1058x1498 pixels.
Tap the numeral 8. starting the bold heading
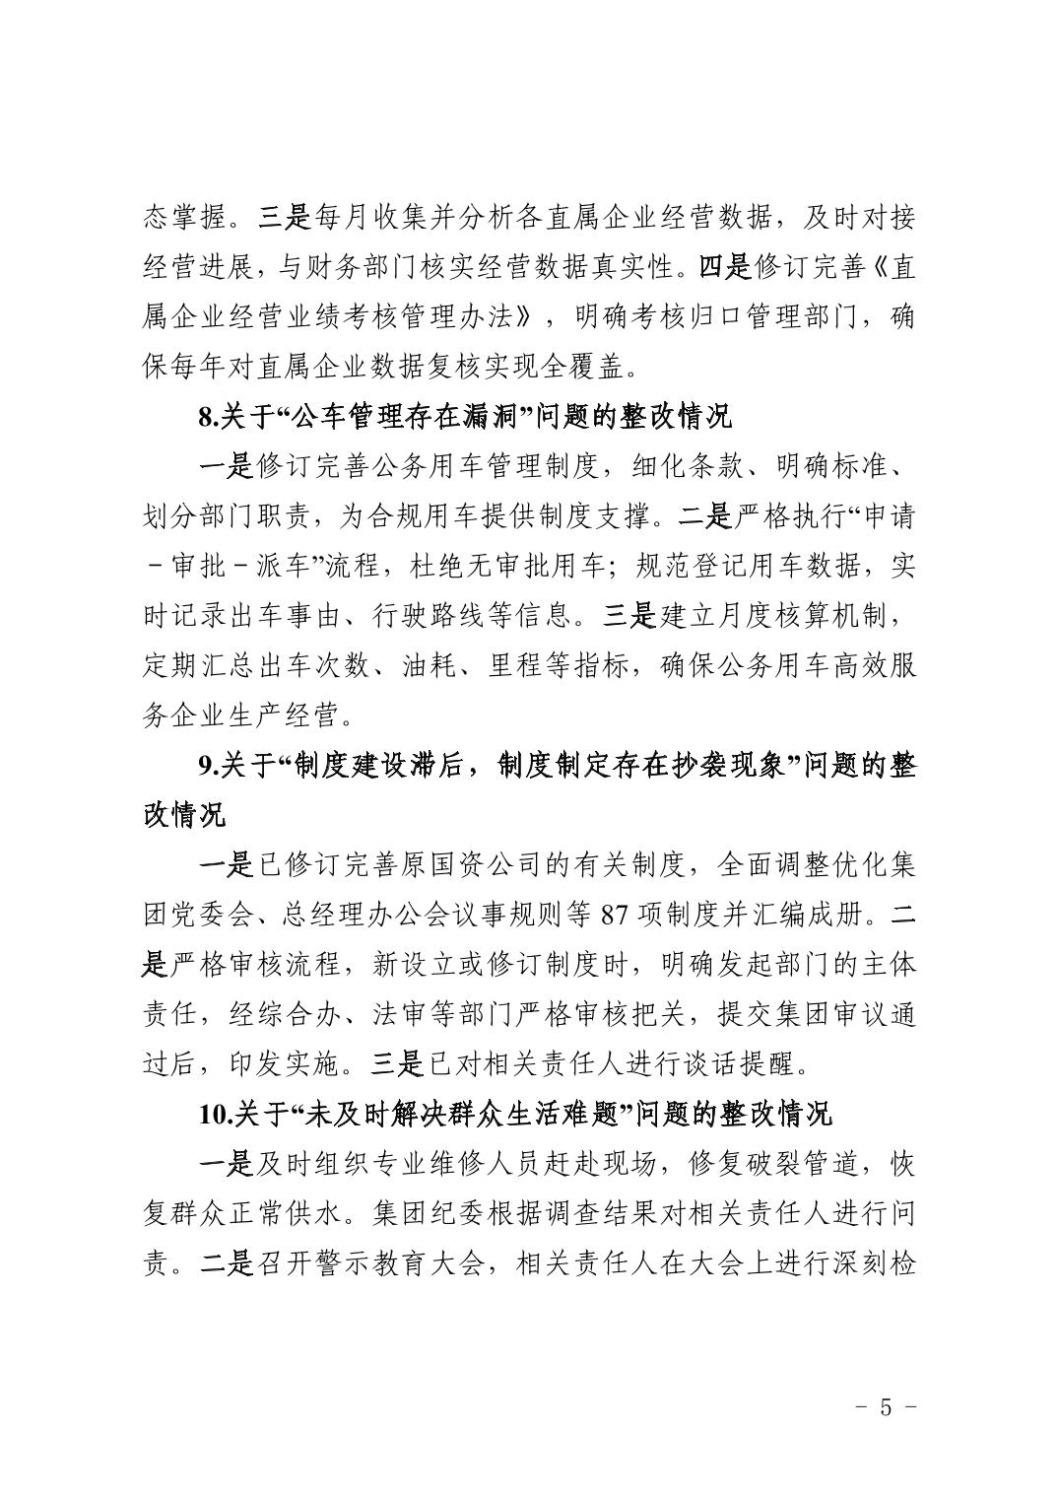tap(207, 417)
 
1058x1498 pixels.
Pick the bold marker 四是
tap(724, 267)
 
